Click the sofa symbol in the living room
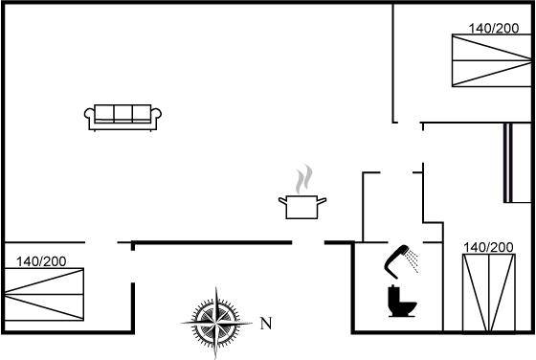pyautogui.click(x=123, y=118)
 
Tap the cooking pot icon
pyautogui.click(x=302, y=207)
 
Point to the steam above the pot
pyautogui.click(x=304, y=179)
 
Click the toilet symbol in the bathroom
pyautogui.click(x=402, y=301)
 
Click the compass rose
pyautogui.click(x=216, y=323)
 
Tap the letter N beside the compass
pyautogui.click(x=266, y=323)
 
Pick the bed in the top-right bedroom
pyautogui.click(x=492, y=60)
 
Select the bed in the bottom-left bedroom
pyautogui.click(x=44, y=294)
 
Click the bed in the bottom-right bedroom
pyautogui.click(x=489, y=293)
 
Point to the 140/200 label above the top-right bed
pyautogui.click(x=494, y=29)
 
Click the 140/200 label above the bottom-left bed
pyautogui.click(x=41, y=261)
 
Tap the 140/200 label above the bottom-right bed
pyautogui.click(x=488, y=247)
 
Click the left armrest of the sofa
pyautogui.click(x=90, y=116)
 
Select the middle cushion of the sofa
pyautogui.click(x=123, y=113)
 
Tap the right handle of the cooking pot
pyautogui.click(x=322, y=201)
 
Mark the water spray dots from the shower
pyautogui.click(x=413, y=260)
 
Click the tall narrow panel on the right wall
pyautogui.click(x=508, y=163)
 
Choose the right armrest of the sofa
pyautogui.click(x=156, y=116)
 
